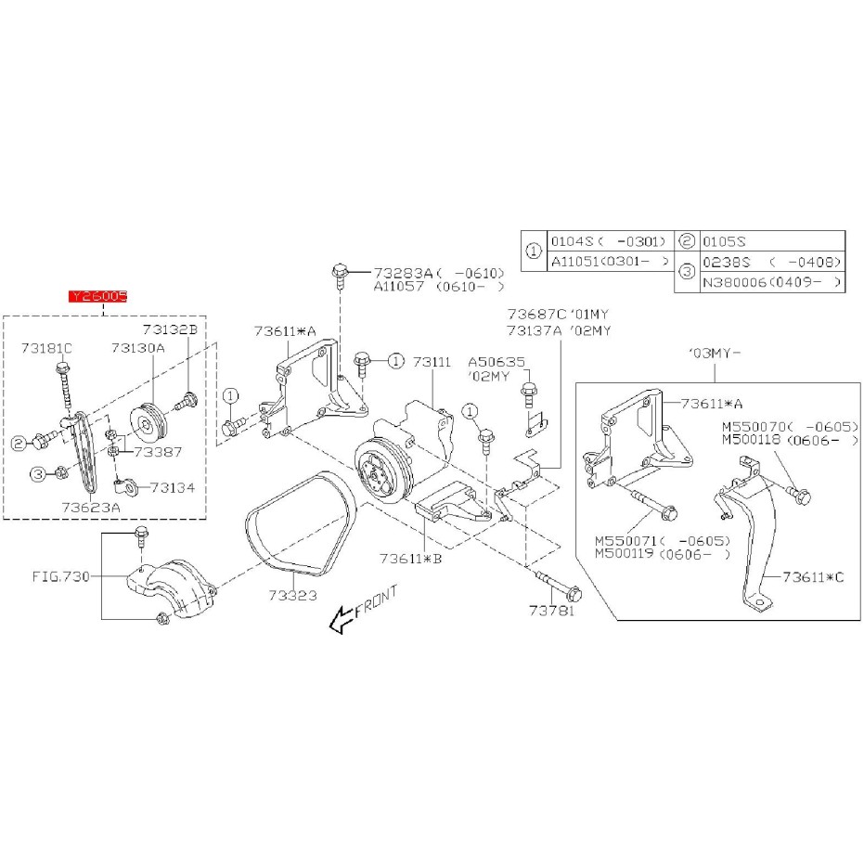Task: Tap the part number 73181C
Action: tap(47, 348)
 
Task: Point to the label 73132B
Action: tap(170, 329)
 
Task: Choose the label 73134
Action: tap(173, 485)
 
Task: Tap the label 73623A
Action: tap(91, 508)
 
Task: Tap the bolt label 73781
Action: tap(552, 612)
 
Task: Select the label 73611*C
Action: tap(812, 576)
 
